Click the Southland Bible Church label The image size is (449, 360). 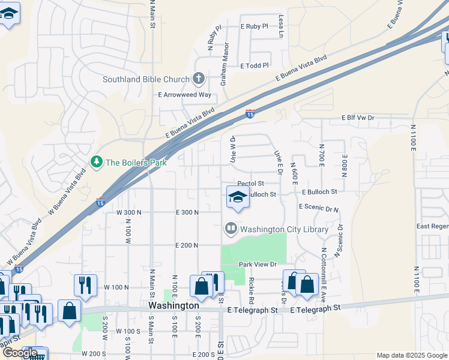[146, 79]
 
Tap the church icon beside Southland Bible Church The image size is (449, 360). [199, 79]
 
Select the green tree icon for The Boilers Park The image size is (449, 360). [95, 162]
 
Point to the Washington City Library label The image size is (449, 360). [284, 229]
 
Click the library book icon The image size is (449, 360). [231, 229]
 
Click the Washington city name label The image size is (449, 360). [173, 305]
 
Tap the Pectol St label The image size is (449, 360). [251, 184]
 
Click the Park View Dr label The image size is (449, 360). [257, 264]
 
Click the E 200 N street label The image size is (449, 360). [187, 245]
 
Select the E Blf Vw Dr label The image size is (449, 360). [358, 118]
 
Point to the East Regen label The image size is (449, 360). [432, 226]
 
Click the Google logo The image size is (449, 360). [20, 353]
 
